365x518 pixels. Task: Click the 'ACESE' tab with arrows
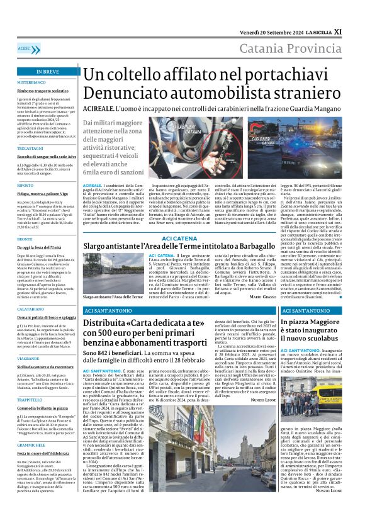point(25,48)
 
